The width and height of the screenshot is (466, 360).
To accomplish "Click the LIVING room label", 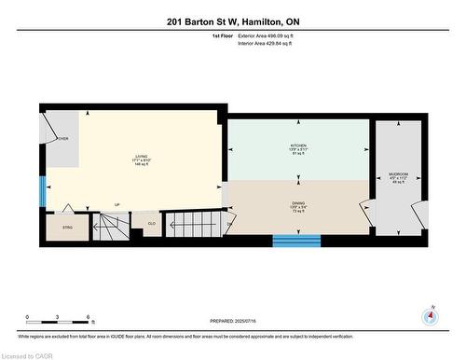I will click(143, 157).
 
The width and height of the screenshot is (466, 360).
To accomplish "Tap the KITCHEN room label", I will click(297, 146).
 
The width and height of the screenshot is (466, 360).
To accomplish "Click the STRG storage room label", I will click(65, 225).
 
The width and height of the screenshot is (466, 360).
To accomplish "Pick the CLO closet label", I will click(150, 223).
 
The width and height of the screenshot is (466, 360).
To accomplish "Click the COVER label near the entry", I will click(62, 139).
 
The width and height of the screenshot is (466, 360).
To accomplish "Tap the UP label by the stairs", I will click(116, 204).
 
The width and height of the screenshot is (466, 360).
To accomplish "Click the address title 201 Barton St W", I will click(233, 21).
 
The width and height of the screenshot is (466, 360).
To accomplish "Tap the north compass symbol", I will click(430, 315).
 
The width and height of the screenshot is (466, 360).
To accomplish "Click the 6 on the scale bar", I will click(88, 318).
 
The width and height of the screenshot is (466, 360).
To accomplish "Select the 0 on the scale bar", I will click(28, 318).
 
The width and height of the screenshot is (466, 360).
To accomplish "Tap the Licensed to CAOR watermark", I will click(28, 354).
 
